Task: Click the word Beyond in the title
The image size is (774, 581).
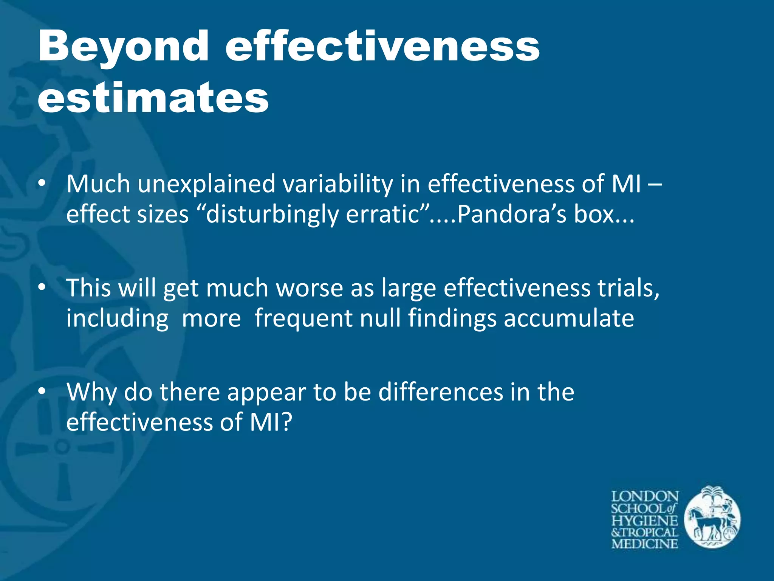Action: click(123, 47)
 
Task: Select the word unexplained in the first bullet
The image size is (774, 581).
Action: click(206, 185)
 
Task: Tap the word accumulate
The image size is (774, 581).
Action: click(569, 318)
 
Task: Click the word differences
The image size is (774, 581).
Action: click(441, 392)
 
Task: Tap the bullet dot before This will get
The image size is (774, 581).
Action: click(42, 287)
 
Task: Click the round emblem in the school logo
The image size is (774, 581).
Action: click(712, 517)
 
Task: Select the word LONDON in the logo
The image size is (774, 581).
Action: click(645, 496)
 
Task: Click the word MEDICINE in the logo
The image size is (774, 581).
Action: click(645, 544)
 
